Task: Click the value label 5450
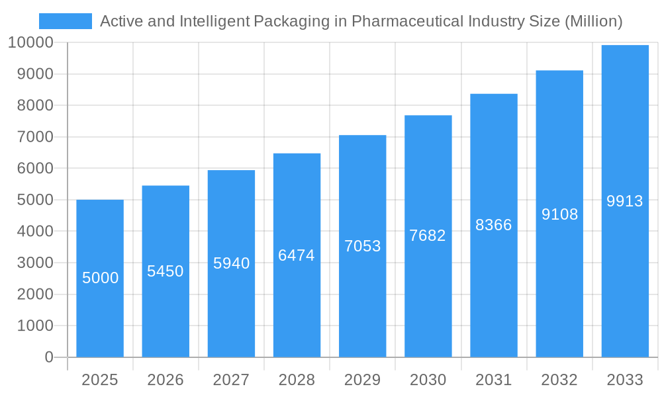165,271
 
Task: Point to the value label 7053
363,246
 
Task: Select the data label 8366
494,225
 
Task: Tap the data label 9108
560,214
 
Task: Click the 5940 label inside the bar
232,263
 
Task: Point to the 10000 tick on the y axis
30,43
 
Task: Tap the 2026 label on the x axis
165,380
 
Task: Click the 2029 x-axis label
363,380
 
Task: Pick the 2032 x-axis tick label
559,380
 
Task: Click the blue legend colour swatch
66,21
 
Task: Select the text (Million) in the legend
593,21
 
